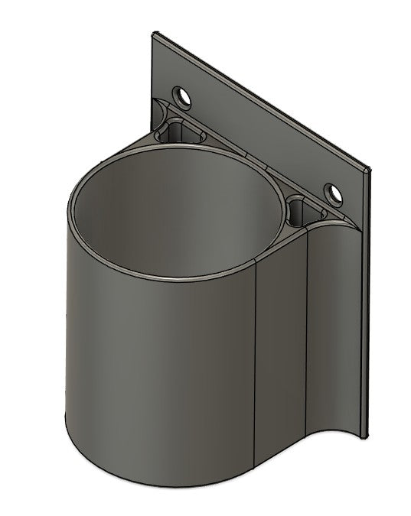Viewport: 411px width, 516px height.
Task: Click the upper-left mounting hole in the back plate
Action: point(182,97)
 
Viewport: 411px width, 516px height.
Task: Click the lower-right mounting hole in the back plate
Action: point(333,194)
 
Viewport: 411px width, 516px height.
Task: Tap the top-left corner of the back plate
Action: point(155,33)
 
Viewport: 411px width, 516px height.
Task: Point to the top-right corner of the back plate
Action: point(370,170)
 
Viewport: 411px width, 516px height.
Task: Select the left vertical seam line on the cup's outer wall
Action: point(256,359)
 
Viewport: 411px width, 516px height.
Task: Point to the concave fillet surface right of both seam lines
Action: point(333,329)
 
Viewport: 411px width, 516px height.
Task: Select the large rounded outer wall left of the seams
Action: point(153,367)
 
